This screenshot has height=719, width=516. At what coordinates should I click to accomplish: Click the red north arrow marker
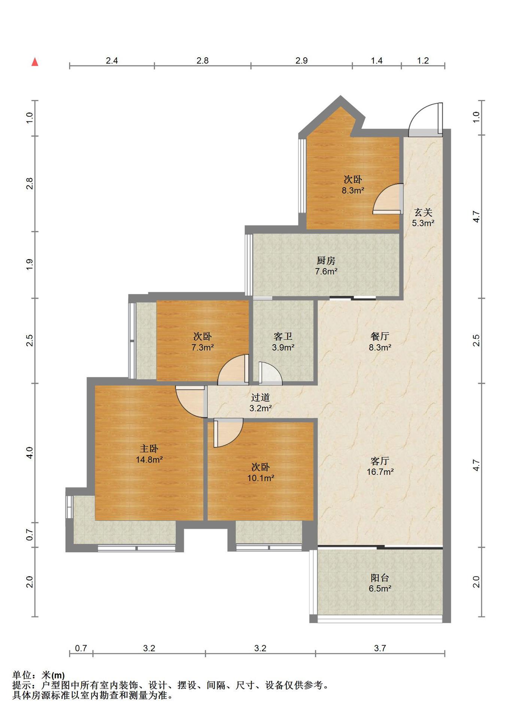click(x=35, y=62)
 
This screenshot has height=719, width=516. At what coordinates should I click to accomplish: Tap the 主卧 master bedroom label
click(x=149, y=448)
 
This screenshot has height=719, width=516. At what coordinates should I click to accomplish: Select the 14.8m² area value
click(x=149, y=459)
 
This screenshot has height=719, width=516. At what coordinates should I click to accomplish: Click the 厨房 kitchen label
click(x=326, y=260)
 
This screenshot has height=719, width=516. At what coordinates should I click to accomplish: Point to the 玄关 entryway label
click(x=423, y=212)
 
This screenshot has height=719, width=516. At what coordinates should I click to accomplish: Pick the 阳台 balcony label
click(x=380, y=577)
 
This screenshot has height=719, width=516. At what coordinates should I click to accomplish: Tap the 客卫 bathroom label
click(x=283, y=336)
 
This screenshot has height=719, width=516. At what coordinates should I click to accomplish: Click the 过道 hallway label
click(x=260, y=397)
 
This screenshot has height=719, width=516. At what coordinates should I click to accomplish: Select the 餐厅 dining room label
click(x=380, y=336)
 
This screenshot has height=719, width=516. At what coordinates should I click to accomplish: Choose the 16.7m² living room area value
click(x=380, y=472)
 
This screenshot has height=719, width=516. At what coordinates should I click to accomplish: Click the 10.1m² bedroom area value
click(x=261, y=478)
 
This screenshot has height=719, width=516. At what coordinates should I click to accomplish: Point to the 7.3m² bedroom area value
click(x=203, y=348)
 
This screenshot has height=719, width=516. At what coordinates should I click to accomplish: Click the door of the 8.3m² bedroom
click(x=388, y=199)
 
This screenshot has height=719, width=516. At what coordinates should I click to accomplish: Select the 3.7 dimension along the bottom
click(x=380, y=648)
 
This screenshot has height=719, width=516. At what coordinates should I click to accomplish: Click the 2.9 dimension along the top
click(x=301, y=61)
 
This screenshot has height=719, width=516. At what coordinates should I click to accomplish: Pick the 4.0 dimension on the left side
click(x=30, y=452)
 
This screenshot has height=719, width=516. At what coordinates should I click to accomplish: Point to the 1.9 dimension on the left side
click(x=30, y=264)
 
